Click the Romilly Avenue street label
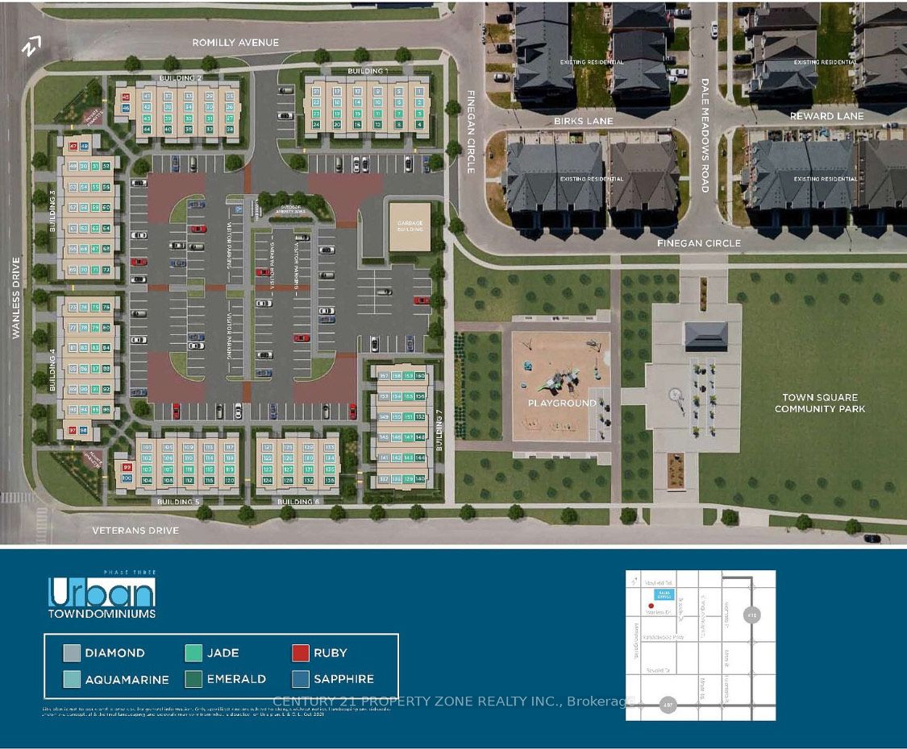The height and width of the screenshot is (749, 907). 235,43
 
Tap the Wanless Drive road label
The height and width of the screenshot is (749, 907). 16,298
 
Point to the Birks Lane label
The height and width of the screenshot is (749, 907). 583,121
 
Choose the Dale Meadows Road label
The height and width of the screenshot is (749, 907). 704,134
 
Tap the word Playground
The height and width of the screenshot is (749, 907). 562,403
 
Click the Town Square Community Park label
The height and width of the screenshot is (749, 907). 820,403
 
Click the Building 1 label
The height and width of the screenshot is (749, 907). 368,72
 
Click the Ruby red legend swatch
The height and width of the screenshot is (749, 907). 302,653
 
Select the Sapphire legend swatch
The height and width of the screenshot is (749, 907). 302,678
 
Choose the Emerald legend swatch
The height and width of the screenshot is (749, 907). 193,678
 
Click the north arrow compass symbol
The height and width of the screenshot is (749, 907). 31,48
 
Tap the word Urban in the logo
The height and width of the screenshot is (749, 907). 101,594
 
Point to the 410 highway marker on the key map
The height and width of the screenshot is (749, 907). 753,614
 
